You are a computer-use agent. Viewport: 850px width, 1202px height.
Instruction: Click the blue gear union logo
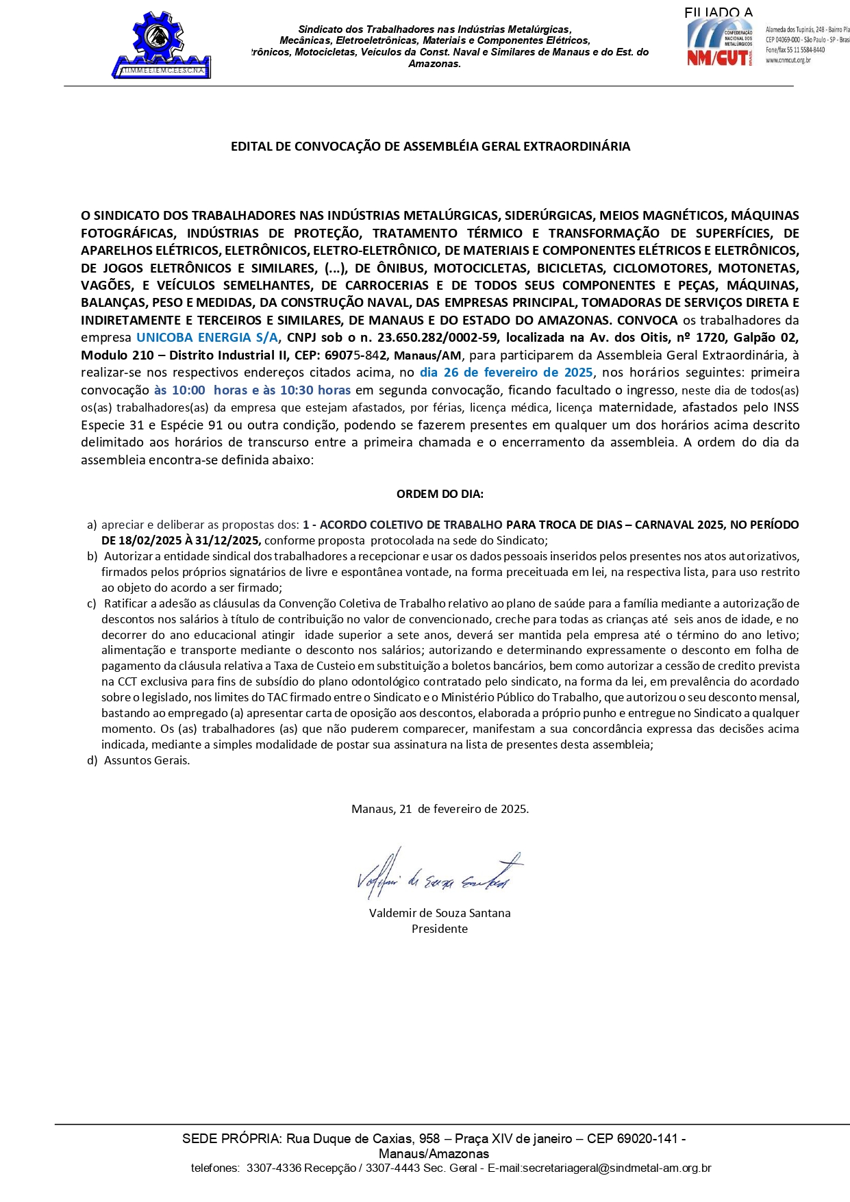(x=162, y=45)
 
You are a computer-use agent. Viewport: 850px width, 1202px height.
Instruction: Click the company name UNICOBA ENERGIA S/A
(x=207, y=338)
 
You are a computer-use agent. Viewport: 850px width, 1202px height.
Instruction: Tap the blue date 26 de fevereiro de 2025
(x=506, y=373)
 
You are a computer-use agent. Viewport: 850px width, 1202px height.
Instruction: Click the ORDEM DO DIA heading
(x=440, y=494)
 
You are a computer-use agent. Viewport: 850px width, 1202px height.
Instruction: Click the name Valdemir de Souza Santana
(x=440, y=913)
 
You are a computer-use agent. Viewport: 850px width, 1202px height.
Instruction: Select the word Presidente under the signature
(x=440, y=929)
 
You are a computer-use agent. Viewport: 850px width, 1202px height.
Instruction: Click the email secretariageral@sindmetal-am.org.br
(x=599, y=1168)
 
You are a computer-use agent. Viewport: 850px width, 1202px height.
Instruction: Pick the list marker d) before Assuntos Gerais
(x=92, y=760)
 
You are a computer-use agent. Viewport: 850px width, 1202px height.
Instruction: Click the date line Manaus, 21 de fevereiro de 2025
(x=440, y=809)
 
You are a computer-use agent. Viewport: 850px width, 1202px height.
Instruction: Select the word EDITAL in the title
(x=251, y=147)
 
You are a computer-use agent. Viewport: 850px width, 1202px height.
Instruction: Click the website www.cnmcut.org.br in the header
(x=788, y=60)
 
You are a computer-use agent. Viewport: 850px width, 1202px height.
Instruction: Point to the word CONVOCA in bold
(x=647, y=321)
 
